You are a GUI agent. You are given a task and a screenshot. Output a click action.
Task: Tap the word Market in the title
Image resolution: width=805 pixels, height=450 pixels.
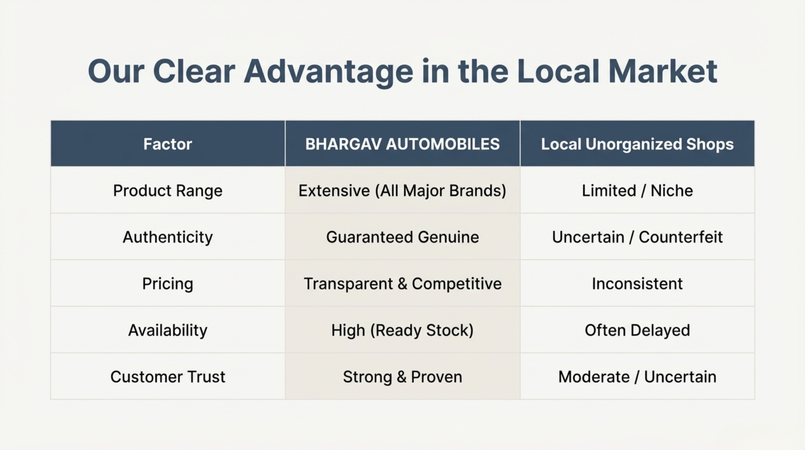663,71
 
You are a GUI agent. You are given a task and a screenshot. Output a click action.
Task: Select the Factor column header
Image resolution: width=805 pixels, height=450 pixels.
168,144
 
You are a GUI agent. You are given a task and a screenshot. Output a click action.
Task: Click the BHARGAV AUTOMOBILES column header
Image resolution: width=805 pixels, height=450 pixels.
402,144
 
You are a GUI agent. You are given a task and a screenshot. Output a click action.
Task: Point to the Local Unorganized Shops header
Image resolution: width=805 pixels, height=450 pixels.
637,145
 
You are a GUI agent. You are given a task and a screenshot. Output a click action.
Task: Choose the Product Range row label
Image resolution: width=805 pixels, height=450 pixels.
168,191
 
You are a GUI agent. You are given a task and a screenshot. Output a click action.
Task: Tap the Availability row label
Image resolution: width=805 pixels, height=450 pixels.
168,330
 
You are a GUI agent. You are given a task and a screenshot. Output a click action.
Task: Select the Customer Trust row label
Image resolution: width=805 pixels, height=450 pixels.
168,377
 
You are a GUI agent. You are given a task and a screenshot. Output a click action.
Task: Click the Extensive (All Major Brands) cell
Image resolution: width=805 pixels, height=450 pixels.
402,191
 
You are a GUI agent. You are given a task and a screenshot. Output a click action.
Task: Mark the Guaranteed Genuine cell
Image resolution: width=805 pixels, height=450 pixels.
402,237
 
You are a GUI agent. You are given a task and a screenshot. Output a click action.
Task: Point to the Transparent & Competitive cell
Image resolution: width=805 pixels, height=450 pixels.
402,284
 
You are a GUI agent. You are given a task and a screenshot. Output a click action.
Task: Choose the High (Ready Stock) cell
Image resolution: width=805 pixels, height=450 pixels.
402,330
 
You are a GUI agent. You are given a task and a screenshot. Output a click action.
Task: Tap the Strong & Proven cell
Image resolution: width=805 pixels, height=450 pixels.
402,377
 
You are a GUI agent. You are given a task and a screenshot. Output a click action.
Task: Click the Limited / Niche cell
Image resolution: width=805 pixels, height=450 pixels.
637,191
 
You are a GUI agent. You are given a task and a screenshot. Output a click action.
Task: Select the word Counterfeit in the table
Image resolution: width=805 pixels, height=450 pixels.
680,237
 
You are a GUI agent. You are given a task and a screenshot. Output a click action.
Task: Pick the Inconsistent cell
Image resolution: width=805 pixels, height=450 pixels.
637,284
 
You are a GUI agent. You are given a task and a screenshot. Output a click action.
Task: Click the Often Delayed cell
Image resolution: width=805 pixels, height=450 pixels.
637,330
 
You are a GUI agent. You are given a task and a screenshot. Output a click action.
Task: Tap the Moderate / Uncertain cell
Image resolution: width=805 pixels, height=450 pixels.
637,377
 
